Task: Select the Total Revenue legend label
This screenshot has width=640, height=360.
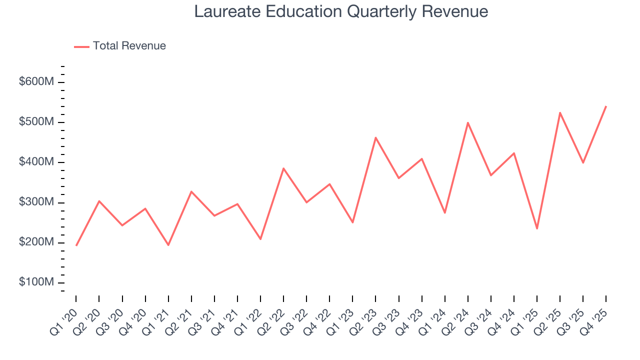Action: click(129, 46)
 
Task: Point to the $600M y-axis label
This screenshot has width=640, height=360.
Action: click(36, 82)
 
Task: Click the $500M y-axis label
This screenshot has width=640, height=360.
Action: click(36, 122)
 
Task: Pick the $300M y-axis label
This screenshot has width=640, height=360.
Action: click(36, 202)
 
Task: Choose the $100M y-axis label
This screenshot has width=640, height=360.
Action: click(36, 282)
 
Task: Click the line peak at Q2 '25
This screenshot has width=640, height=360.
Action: click(560, 112)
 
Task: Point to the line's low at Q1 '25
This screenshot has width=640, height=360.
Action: click(537, 228)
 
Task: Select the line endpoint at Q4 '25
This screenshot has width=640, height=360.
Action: click(606, 106)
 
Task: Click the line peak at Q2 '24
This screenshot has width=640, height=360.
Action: click(468, 122)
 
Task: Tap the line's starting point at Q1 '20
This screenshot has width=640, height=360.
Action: click(76, 245)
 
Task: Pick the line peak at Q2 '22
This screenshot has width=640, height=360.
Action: click(283, 168)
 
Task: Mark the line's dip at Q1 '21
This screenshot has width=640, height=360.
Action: click(168, 245)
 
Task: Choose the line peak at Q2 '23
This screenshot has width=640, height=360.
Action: click(375, 137)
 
